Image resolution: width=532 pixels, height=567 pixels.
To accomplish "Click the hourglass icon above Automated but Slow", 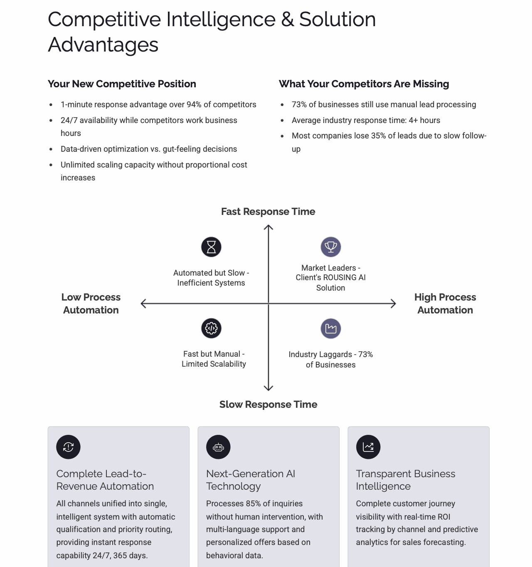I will [x=211, y=247].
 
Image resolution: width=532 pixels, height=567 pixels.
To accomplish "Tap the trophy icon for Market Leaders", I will [x=331, y=247].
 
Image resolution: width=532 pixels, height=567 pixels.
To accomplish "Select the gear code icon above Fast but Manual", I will [x=211, y=328].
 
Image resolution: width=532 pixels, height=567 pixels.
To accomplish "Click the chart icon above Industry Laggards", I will [x=331, y=328].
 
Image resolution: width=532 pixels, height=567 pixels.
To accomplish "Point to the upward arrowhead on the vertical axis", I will [x=268, y=227].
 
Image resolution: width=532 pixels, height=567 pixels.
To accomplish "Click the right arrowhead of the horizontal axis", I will [x=394, y=304].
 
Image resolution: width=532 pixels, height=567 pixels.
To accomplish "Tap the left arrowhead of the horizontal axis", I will [x=143, y=304].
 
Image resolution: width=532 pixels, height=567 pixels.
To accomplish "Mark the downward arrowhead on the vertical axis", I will [x=268, y=389].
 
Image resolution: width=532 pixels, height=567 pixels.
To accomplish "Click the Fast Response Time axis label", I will [x=268, y=212].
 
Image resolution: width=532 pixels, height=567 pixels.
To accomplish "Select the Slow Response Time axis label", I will [x=268, y=404].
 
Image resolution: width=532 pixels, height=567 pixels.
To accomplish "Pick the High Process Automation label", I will [x=445, y=303].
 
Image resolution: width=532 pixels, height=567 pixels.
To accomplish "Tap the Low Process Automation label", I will [x=91, y=303].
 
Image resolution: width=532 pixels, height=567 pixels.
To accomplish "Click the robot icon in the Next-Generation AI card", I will [x=218, y=447].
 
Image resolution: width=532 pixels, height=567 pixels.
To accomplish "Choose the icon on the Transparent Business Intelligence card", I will [x=368, y=447].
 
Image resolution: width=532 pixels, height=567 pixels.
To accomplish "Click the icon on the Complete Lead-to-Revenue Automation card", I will [x=68, y=447].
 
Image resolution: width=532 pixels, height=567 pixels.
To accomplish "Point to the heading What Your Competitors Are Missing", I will [x=364, y=84].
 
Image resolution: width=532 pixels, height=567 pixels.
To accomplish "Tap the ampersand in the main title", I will [x=287, y=20].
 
